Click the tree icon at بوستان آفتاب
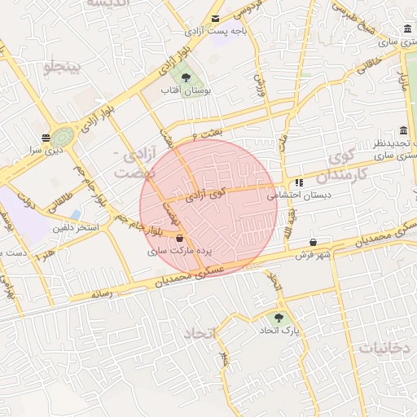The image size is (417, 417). tap(188, 79)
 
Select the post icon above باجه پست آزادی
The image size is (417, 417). tap(215, 18)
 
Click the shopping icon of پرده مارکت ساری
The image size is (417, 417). tap(179, 239)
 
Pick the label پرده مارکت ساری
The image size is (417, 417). tap(179, 252)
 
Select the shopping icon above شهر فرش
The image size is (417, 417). tap(314, 242)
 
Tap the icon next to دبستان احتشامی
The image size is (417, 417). tap(299, 182)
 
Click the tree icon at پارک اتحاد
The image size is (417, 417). tap(280, 318)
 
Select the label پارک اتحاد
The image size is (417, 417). tap(280, 331)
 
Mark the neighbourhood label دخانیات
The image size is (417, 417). tap(383, 348)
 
